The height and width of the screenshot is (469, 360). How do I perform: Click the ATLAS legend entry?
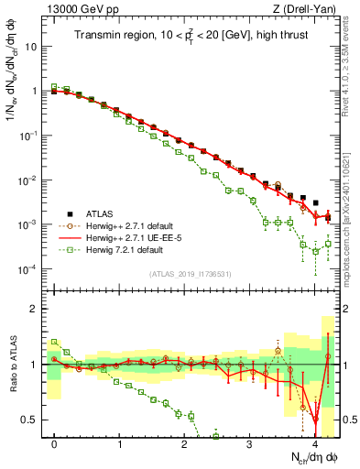tap(102, 214)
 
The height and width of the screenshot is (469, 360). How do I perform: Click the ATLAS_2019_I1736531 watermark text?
tap(190, 275)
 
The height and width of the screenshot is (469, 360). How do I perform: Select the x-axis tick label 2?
tap(185, 443)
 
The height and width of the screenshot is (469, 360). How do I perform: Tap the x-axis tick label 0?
tap(55, 443)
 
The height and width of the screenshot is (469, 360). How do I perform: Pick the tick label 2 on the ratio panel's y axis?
tap(37, 309)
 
